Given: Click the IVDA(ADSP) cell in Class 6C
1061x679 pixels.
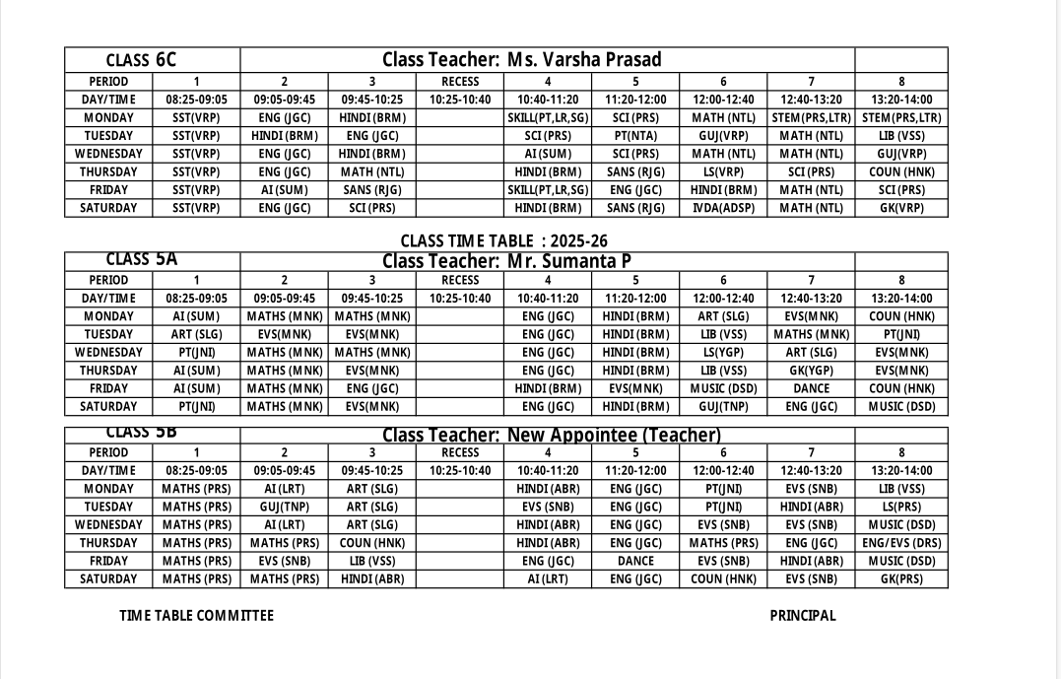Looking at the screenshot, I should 723,208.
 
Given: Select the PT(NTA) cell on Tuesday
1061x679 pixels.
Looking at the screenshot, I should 635,136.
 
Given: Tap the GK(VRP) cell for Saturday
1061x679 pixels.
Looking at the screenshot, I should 901,208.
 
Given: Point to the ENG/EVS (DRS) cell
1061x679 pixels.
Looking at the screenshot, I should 901,543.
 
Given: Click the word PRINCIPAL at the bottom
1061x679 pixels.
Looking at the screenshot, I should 803,616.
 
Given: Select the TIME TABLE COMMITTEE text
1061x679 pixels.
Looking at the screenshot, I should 197,616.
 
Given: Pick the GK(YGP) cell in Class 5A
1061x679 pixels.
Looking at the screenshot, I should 811,371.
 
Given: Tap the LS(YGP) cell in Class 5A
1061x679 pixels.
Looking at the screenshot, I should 723,353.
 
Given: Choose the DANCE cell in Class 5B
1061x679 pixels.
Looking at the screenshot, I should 635,561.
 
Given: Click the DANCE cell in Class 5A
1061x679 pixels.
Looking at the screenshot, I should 811,388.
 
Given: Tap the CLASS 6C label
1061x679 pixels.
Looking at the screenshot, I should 141,60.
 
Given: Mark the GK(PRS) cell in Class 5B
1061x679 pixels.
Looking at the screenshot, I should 901,579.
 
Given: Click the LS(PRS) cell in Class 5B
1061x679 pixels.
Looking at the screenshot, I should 901,507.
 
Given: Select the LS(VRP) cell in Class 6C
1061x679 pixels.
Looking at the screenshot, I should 723,171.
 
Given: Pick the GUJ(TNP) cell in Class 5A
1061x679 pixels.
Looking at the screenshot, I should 723,407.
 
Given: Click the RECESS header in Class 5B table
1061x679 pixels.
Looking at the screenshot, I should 460,452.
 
